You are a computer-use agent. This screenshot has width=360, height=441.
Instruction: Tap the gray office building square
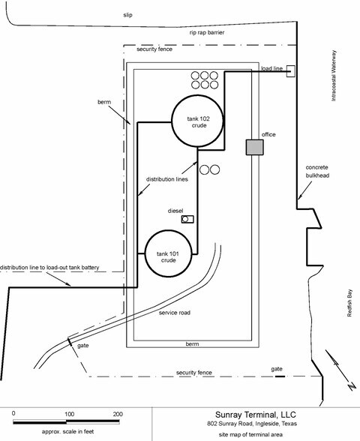click(x=255, y=148)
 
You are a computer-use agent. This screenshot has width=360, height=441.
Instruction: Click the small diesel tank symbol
click(x=189, y=219)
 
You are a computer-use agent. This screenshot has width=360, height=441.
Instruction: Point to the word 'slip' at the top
click(x=129, y=14)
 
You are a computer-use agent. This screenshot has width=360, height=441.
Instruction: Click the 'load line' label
click(x=271, y=68)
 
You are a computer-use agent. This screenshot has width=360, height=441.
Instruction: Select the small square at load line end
click(x=289, y=70)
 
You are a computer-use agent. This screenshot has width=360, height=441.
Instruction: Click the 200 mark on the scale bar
click(x=118, y=413)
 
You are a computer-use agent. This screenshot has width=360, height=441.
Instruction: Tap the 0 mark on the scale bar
click(x=14, y=413)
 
